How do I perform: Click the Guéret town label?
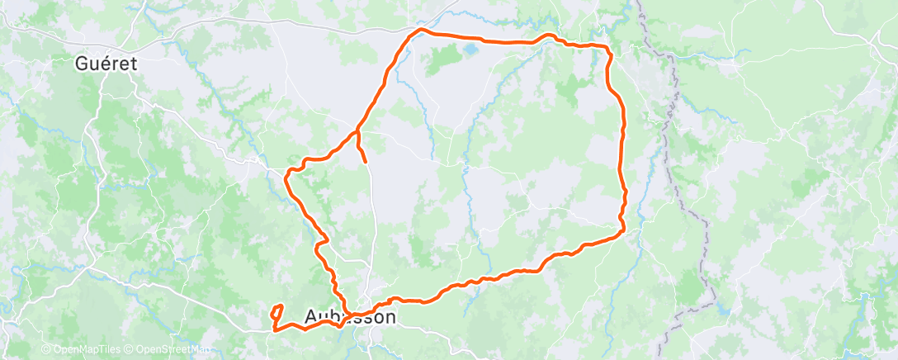[105, 63]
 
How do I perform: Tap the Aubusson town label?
[350, 317]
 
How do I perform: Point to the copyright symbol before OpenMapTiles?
[46, 349]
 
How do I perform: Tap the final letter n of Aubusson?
[390, 317]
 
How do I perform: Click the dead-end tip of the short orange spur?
[366, 163]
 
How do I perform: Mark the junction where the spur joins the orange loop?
[357, 131]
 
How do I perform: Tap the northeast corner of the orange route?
[608, 50]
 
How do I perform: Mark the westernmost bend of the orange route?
[286, 175]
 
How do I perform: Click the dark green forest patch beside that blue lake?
[444, 59]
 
